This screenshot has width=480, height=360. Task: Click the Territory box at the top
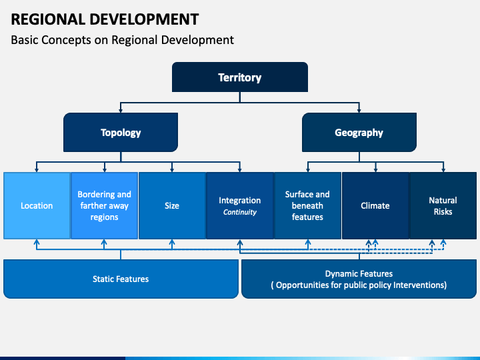coord(240,77)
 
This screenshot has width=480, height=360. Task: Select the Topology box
coord(121,132)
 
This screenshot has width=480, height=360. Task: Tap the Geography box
coord(359,132)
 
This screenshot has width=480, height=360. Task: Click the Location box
coord(37,205)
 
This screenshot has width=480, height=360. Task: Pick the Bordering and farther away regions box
coord(104,205)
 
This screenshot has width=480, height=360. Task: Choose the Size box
coord(172,205)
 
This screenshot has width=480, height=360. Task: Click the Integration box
coord(240,200)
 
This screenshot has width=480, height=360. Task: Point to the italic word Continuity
coord(240,213)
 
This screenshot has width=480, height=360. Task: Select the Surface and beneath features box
coord(307,205)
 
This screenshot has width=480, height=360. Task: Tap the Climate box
coord(375,205)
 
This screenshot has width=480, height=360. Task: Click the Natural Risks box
coord(443,205)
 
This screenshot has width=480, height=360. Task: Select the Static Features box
coord(121,279)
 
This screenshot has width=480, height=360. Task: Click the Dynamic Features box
coord(359,279)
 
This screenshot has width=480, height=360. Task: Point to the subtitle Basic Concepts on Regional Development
coord(123,40)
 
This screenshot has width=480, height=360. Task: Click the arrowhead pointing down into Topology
coord(121,109)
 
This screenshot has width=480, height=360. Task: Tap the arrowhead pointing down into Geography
coord(359,109)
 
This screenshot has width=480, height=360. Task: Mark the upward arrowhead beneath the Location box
coord(37,243)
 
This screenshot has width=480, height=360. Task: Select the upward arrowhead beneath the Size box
coord(172,243)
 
